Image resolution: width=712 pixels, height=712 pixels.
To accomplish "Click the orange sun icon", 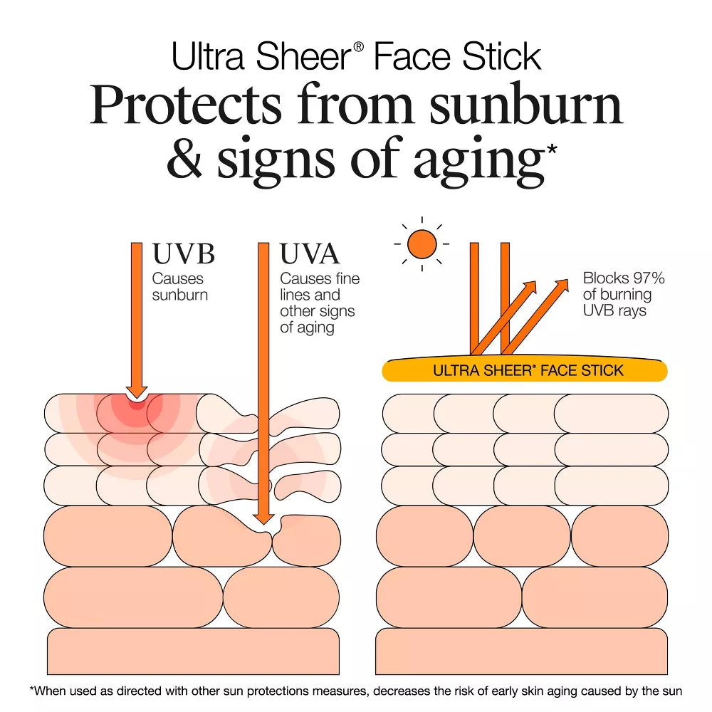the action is (422, 244).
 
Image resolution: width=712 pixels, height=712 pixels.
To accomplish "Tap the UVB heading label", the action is (184, 253).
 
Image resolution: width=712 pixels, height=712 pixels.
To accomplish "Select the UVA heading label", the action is (310, 253).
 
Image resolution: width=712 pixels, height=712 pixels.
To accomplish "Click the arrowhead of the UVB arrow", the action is (136, 393).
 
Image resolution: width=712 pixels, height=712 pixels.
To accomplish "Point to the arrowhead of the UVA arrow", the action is (263, 519).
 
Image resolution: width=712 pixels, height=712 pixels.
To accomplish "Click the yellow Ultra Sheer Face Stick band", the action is (525, 369).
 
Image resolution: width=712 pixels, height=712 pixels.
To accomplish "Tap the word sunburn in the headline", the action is (525, 105).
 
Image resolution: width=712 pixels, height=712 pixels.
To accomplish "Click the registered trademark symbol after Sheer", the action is (358, 46).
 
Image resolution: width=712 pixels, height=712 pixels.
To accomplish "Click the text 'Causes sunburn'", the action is (180, 286).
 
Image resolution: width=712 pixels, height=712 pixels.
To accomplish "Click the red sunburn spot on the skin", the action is (136, 405).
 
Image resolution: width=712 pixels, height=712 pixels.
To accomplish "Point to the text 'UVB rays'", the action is (614, 310).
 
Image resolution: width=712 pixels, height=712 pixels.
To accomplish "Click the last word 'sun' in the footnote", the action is (671, 691).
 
